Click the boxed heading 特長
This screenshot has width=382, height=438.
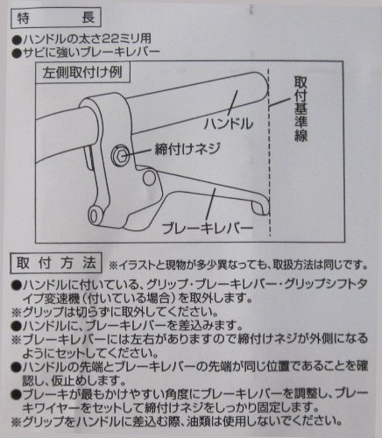pyautogui.click(x=56, y=18)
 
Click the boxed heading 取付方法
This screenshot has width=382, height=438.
pyautogui.click(x=56, y=263)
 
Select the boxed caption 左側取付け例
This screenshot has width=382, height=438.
pyautogui.click(x=82, y=73)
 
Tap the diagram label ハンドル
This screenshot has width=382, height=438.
pyautogui.click(x=229, y=124)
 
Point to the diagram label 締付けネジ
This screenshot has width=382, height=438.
pyautogui.click(x=187, y=149)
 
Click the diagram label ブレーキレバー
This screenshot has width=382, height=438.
pyautogui.click(x=208, y=228)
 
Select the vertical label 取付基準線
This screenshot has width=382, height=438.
pyautogui.click(x=301, y=109)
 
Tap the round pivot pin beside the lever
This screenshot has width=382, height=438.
pyautogui.click(x=149, y=178)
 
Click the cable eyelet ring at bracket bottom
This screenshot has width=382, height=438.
pyautogui.click(x=94, y=216)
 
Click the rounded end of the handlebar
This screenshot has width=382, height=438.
pyautogui.click(x=262, y=87)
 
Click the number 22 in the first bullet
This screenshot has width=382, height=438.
pyautogui.click(x=105, y=39)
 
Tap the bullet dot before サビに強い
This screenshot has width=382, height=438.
pyautogui.click(x=18, y=53)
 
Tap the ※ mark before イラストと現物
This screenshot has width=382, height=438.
pyautogui.click(x=113, y=265)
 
